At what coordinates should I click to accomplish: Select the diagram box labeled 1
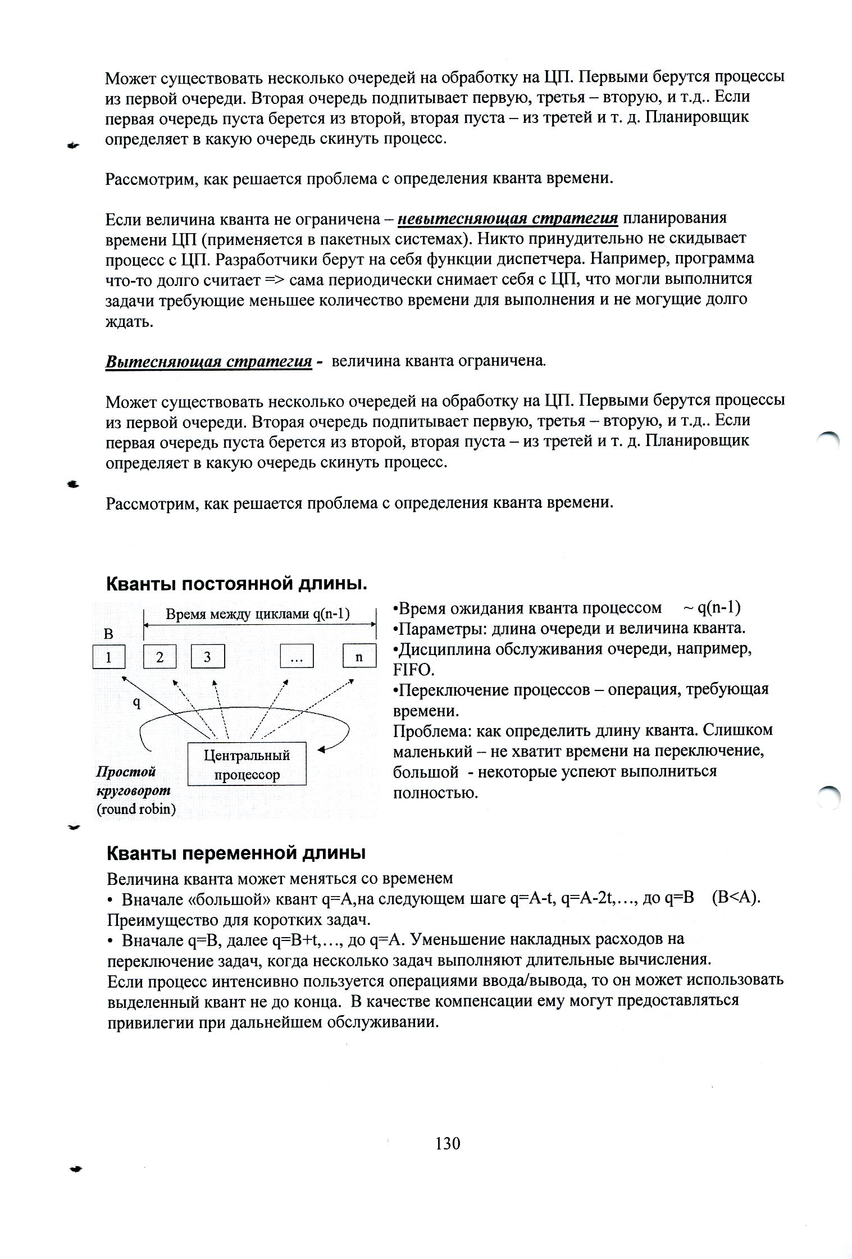(x=108, y=657)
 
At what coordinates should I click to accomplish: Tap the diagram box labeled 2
(x=160, y=657)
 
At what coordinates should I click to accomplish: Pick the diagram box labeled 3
(x=207, y=657)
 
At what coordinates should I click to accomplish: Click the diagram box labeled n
(x=359, y=657)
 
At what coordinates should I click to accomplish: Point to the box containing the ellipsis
(x=297, y=657)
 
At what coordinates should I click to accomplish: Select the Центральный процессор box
(x=246, y=764)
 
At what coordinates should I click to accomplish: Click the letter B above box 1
(x=108, y=634)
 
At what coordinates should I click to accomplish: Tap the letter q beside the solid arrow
(x=136, y=702)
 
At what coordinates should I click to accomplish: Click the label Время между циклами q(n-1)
(x=258, y=613)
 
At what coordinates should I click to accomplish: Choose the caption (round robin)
(x=136, y=810)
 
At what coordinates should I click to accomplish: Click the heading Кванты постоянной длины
(x=236, y=584)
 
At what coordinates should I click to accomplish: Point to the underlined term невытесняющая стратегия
(x=508, y=218)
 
